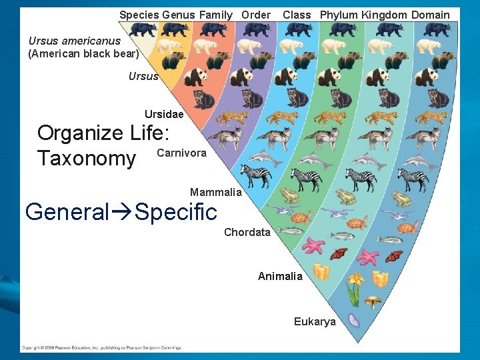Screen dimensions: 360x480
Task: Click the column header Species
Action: (x=139, y=15)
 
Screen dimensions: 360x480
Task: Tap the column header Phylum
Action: (x=339, y=15)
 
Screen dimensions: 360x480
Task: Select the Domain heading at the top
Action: (x=431, y=15)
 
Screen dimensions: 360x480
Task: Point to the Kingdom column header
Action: (x=385, y=15)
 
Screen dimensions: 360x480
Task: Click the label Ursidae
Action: (x=164, y=115)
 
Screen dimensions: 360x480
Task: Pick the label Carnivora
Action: (x=181, y=153)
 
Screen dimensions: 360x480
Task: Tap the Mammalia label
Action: (x=216, y=192)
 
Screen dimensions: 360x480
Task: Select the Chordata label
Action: (x=247, y=232)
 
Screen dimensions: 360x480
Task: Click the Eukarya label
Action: (x=315, y=322)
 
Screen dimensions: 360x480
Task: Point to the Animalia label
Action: (x=280, y=276)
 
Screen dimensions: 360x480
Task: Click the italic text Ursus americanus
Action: (x=75, y=41)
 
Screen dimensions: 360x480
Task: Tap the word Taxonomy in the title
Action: (x=86, y=159)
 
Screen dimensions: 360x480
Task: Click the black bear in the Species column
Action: (x=143, y=29)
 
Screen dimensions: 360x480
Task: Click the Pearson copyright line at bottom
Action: (x=101, y=347)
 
